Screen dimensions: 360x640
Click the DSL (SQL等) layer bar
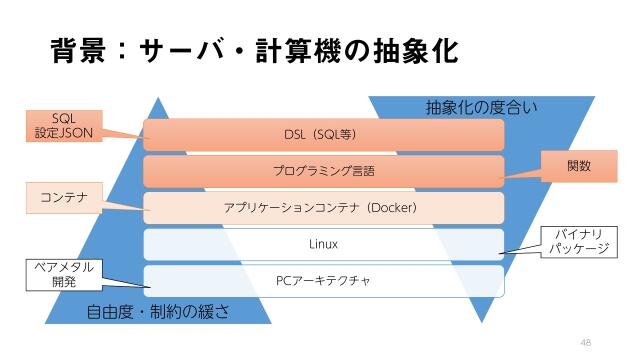pyautogui.click(x=323, y=134)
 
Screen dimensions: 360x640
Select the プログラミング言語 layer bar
pyautogui.click(x=323, y=171)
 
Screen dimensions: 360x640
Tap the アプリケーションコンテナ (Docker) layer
pyautogui.click(x=323, y=208)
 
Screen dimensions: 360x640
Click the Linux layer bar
pyautogui.click(x=323, y=244)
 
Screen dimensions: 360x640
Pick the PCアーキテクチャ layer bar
pyautogui.click(x=323, y=281)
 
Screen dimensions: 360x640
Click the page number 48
pyautogui.click(x=586, y=341)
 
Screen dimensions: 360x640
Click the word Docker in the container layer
pyautogui.click(x=392, y=208)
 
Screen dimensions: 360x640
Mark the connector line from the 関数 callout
pyautogui.click(x=522, y=173)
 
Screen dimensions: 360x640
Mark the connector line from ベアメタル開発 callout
pyautogui.click(x=124, y=281)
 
